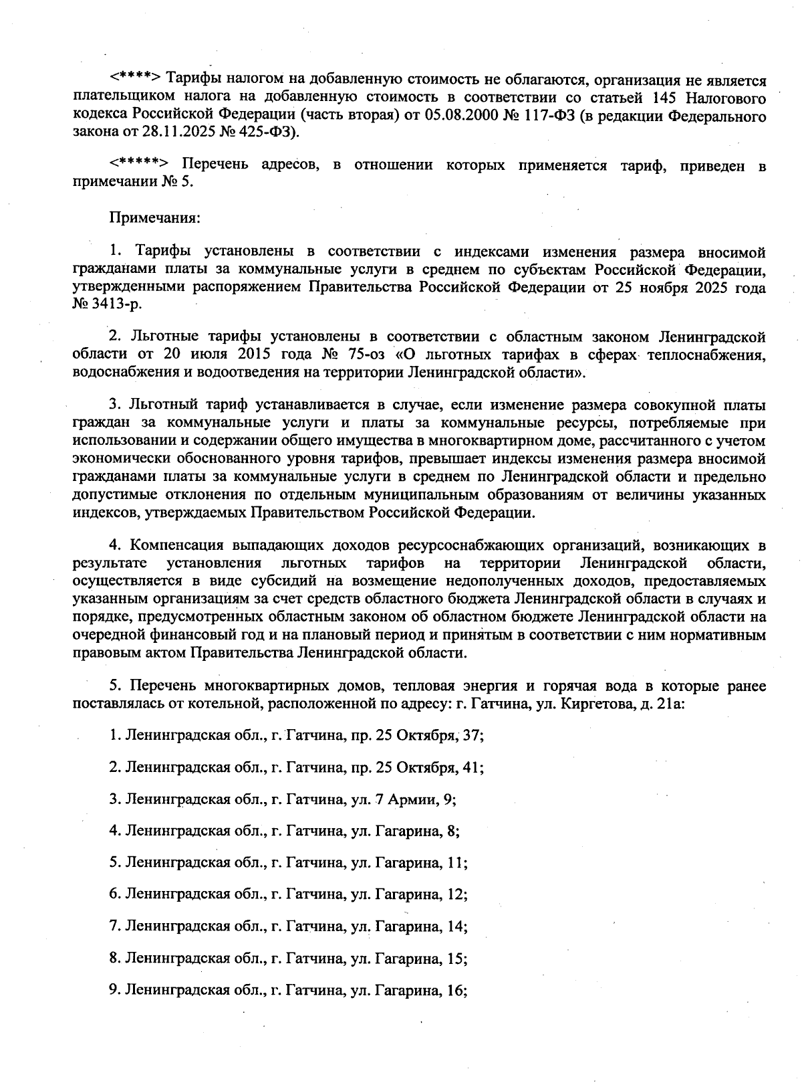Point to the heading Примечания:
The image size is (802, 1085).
click(x=154, y=217)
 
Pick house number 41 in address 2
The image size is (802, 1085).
click(x=473, y=767)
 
